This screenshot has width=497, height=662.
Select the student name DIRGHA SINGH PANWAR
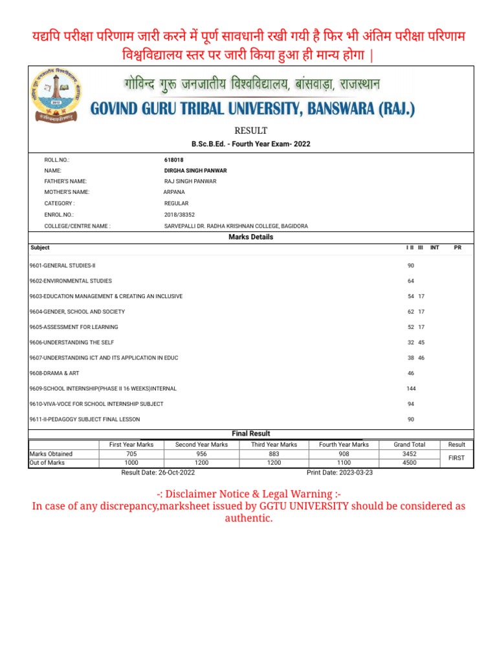click(195, 170)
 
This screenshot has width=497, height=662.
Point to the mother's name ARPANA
click(174, 192)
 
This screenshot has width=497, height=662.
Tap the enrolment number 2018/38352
click(179, 215)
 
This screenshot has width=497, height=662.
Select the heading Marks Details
click(251, 237)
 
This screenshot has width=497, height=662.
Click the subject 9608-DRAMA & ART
click(54, 373)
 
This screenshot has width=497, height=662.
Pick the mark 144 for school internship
click(411, 389)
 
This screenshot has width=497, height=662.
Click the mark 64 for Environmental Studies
click(411, 281)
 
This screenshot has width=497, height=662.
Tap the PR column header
click(458, 248)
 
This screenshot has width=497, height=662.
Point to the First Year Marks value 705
click(131, 454)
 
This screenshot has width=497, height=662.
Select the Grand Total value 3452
click(410, 454)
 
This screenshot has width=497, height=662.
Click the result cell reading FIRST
click(457, 458)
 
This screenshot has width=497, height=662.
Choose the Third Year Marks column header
click(274, 445)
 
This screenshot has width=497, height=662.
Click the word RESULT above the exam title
click(250, 131)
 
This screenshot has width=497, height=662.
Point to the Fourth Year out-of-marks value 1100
click(344, 463)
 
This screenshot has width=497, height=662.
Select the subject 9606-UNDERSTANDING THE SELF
click(72, 342)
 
